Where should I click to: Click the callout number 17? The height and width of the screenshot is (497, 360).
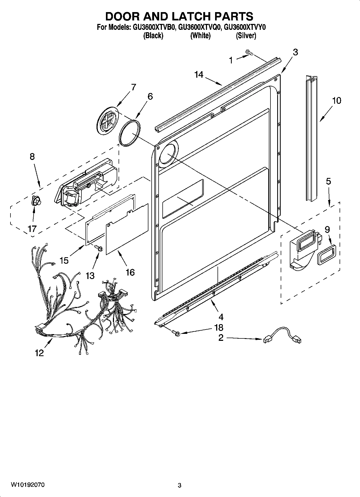click(x=32, y=229)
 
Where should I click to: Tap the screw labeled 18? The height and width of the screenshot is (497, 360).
click(x=176, y=333)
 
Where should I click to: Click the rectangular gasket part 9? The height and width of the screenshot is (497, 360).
click(x=326, y=255)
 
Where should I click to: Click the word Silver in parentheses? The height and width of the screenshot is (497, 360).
click(x=246, y=36)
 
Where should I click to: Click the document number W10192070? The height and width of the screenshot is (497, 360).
click(x=28, y=485)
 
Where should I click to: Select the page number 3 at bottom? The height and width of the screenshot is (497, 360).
click(x=180, y=485)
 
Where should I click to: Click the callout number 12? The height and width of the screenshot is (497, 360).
click(x=39, y=353)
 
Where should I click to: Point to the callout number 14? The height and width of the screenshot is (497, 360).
click(x=199, y=74)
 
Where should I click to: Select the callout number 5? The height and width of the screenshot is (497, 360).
click(x=328, y=181)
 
